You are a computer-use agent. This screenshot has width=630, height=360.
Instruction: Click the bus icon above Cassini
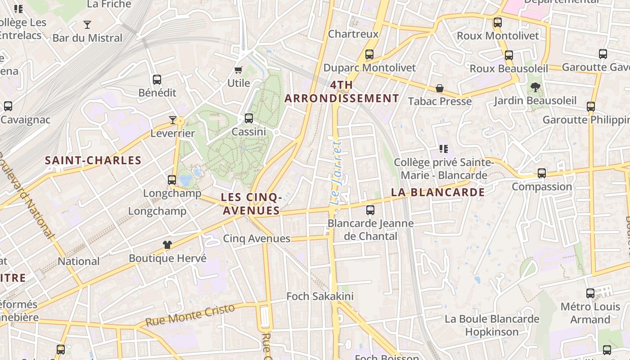[x=248, y=118]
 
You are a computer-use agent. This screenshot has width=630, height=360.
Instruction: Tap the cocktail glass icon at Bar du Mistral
[x=87, y=25]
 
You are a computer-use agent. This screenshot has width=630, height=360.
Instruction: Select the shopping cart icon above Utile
[x=238, y=70]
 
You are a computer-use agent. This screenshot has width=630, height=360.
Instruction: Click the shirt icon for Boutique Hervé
[x=167, y=245]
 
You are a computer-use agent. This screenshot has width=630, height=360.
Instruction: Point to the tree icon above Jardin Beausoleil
[x=535, y=87]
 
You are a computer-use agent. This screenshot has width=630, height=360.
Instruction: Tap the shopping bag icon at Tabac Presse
[x=439, y=88]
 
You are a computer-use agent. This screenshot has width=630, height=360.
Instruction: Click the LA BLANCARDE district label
[x=437, y=193]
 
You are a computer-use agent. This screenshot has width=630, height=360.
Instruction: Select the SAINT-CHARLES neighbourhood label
[x=93, y=160]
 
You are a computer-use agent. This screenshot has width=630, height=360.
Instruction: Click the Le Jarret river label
[x=337, y=173]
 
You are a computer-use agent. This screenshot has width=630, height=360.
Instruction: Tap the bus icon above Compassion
[x=542, y=173]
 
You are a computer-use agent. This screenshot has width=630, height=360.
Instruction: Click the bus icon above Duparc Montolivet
[x=369, y=54]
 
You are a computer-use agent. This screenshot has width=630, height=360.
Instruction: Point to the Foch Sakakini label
[x=320, y=297]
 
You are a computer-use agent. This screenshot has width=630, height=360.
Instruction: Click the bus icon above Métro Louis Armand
[x=590, y=293]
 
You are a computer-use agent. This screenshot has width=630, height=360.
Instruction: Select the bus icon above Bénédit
[x=157, y=80]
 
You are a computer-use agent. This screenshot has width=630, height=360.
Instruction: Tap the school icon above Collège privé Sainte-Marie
[x=444, y=149]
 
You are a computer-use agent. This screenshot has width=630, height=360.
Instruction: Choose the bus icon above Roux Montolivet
[x=497, y=22]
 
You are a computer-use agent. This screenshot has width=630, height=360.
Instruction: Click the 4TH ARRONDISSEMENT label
[x=342, y=92]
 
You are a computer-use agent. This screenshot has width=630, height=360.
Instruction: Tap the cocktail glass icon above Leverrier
[x=173, y=120]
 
